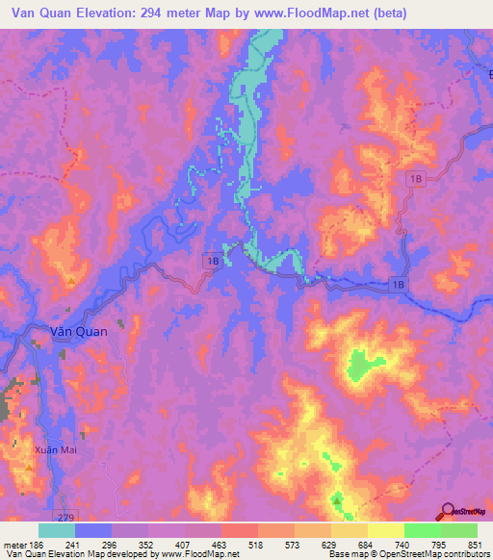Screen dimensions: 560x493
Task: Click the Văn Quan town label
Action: [x=78, y=331]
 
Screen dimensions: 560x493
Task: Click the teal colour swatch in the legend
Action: [x=57, y=530]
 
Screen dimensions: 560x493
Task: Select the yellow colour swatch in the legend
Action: [x=386, y=530]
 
